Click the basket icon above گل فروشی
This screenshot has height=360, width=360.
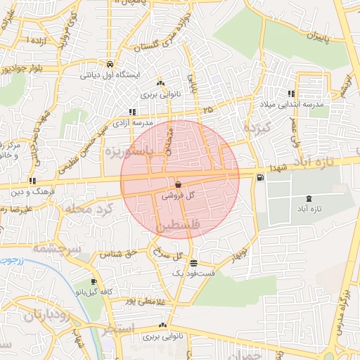[178, 184]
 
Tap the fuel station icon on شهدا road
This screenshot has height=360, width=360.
[261, 177]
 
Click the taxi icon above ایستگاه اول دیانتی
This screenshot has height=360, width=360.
[110, 63]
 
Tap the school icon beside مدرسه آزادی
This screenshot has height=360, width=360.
[133, 111]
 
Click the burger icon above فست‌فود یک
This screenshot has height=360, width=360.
[193, 262]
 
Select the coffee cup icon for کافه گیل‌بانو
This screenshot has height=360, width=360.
[93, 282]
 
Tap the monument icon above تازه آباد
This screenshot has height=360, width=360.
[309, 200]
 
